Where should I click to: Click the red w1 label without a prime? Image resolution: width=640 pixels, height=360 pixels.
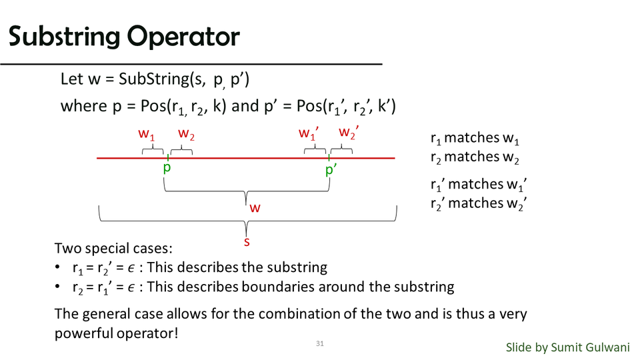tap(147, 134)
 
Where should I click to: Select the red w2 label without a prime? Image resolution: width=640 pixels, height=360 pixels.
tap(186, 134)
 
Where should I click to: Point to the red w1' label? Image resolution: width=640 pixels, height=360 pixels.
tap(308, 133)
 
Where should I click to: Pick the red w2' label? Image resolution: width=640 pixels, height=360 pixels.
tap(349, 133)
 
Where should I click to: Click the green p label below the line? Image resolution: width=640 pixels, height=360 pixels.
tap(167, 168)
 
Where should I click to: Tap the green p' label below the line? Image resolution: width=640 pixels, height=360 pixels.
tap(331, 169)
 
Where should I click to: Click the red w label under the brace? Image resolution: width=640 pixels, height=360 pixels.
tap(255, 208)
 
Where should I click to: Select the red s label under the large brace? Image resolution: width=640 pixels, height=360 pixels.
tap(247, 241)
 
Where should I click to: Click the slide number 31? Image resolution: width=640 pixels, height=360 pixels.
tap(319, 344)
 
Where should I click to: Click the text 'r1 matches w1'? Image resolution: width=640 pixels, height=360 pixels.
tap(475, 139)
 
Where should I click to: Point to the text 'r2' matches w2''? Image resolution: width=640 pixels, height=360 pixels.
tap(479, 203)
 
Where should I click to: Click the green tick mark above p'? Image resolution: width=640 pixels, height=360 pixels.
tap(329, 157)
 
